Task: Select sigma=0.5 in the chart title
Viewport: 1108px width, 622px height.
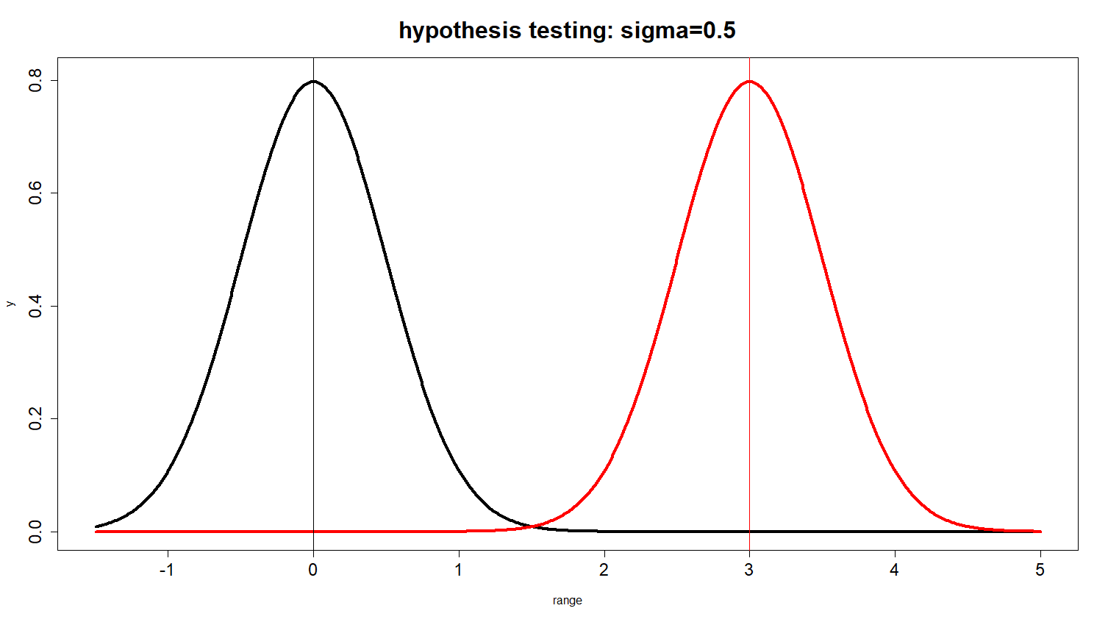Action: [678, 31]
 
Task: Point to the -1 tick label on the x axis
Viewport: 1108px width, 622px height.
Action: [167, 571]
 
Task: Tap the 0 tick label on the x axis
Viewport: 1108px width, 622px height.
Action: [313, 571]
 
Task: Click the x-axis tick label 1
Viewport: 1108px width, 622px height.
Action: [459, 571]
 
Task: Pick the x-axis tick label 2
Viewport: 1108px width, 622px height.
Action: [604, 571]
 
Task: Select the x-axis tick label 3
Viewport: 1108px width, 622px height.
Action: [749, 571]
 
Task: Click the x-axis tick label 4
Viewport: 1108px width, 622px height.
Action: [894, 571]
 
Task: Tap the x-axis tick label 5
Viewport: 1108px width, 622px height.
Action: [1040, 571]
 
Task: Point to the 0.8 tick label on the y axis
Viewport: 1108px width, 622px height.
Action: [35, 80]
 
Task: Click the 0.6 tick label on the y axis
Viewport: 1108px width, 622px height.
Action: [35, 193]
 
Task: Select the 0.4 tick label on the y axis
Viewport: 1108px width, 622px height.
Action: [35, 306]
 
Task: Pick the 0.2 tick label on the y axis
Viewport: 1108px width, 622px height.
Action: [35, 419]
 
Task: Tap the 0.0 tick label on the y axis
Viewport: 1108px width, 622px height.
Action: [35, 532]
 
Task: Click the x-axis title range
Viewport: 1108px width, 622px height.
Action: [567, 601]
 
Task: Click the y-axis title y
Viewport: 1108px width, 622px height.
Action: [10, 303]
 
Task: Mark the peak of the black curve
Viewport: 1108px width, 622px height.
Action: [313, 81]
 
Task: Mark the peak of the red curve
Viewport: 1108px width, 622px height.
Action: [749, 81]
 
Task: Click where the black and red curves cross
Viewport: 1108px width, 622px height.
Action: [532, 526]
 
